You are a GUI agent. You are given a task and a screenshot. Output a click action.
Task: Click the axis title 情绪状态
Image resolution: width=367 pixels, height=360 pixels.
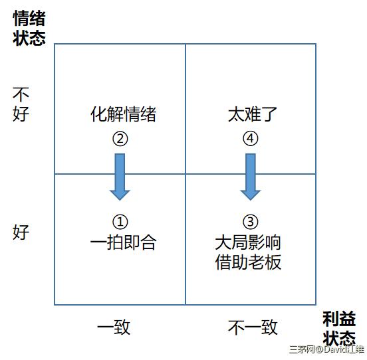point(29,28)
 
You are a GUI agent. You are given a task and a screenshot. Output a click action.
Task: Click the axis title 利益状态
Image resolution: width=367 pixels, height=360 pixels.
point(339,328)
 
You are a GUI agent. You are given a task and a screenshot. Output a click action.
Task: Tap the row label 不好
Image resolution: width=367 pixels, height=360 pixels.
point(21,104)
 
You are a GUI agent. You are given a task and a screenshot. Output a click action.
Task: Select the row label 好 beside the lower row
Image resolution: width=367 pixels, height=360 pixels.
point(21,232)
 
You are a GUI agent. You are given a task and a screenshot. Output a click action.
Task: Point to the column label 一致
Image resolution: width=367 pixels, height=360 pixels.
point(114,327)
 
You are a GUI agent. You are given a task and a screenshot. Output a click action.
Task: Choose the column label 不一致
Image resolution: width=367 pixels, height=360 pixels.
point(253,327)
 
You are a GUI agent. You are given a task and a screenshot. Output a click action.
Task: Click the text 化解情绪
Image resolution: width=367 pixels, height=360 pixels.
point(124,114)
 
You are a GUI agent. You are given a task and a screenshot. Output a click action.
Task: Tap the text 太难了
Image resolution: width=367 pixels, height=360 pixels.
point(253,114)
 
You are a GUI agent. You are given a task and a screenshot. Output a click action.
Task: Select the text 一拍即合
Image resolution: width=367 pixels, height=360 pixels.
point(124,242)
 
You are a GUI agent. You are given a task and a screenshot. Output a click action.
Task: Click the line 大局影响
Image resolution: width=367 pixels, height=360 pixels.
point(248,242)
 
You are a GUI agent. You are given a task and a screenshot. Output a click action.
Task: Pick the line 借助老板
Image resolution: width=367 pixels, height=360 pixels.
point(248,262)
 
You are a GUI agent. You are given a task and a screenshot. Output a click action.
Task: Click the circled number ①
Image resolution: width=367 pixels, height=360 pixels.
point(120,222)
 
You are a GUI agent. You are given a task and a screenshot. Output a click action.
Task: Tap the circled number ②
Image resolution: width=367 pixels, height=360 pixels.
point(120,139)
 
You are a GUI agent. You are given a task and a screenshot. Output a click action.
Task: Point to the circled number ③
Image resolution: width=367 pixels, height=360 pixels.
point(251,222)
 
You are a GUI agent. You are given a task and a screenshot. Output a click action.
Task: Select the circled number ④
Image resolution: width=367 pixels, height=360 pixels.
point(251,138)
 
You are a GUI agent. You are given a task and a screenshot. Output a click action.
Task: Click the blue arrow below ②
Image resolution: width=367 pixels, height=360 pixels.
point(120,177)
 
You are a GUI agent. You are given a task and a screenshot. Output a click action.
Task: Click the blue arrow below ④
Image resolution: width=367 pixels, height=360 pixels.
point(251,177)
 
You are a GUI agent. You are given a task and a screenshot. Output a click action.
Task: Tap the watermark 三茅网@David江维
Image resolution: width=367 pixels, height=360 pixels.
point(326,349)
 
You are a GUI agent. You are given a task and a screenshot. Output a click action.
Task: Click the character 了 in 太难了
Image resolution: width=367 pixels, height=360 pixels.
point(269,114)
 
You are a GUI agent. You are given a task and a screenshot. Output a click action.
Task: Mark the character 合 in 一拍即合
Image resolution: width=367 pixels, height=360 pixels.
point(148,242)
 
